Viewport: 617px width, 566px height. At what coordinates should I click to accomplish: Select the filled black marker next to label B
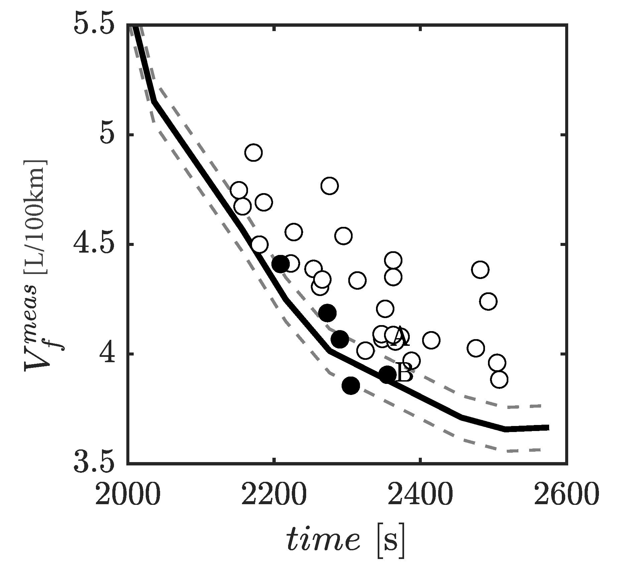(387, 374)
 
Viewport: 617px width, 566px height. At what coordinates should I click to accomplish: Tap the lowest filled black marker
(351, 386)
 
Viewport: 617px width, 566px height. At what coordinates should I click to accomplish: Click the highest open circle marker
(253, 153)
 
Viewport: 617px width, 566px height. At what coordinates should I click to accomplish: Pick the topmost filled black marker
(280, 264)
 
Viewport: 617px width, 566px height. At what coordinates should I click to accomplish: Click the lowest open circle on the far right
(499, 380)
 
